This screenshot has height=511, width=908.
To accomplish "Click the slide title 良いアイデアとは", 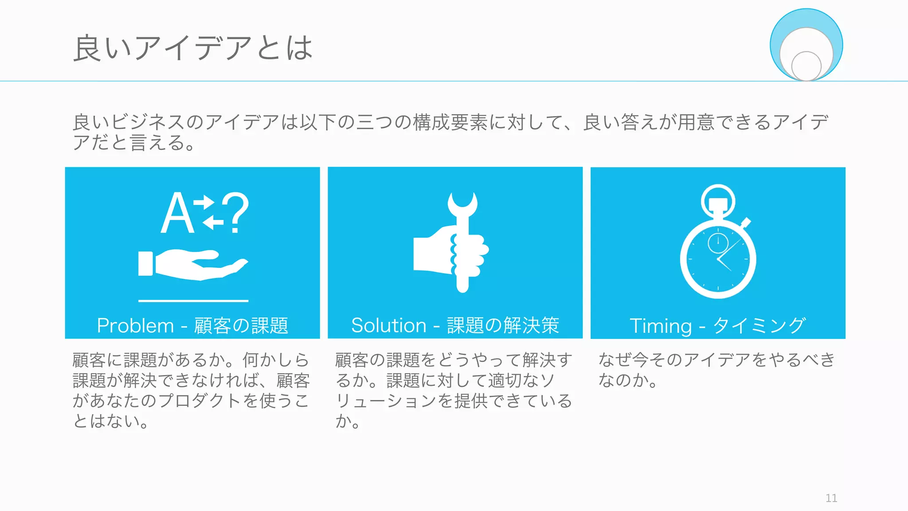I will coord(193,48).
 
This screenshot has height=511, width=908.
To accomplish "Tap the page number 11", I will coord(831,498).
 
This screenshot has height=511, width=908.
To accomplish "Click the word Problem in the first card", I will coord(135,326).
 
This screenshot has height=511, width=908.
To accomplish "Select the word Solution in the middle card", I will coord(388,326).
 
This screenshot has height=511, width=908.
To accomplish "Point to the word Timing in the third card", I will coord(660,326).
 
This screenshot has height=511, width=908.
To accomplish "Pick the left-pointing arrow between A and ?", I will coord(213,221).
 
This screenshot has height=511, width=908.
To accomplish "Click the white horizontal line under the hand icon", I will coord(193,301).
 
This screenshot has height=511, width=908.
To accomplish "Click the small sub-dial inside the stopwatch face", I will coord(718,243).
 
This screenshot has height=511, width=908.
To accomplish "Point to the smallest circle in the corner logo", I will coord(806,66).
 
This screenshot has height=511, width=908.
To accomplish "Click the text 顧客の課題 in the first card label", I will coord(241,326).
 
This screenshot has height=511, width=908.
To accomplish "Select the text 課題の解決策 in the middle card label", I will coord(503,326).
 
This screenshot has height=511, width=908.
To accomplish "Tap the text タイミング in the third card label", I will coord(759,326).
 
